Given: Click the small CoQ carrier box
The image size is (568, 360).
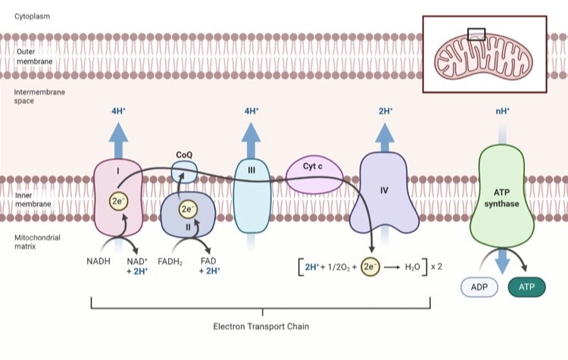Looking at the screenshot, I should tap(184, 169).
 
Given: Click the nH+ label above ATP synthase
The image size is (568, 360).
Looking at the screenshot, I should tap(502, 111).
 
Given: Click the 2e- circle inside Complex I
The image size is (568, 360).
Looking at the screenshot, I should tap(119, 202).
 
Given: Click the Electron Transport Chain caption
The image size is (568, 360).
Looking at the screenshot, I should tap(261, 327).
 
